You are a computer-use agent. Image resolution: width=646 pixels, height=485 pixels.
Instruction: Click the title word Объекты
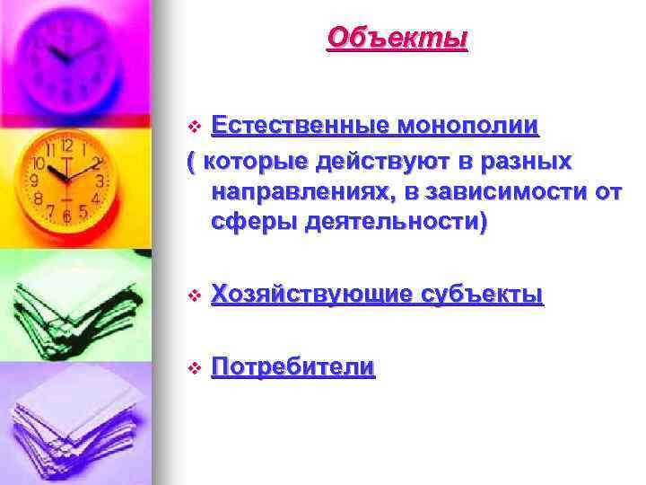click(397, 38)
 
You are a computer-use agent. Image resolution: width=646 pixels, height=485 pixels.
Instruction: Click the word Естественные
click(300, 126)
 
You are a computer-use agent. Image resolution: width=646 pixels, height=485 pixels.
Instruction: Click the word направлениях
click(306, 191)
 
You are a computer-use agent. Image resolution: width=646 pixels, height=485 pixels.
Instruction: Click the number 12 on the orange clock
click(65, 145)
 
